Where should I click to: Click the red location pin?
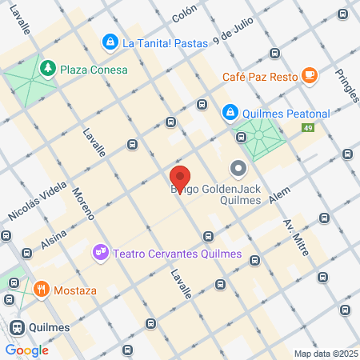coord(180,178)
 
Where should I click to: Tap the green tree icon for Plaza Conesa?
coord(49,69)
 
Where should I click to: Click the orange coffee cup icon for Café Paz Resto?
coord(310,76)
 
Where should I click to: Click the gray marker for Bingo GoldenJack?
coord(238,169)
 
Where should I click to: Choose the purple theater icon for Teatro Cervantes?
coord(101,253)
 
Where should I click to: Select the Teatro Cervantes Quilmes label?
coord(177,254)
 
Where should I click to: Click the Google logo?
coord(26,350)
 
